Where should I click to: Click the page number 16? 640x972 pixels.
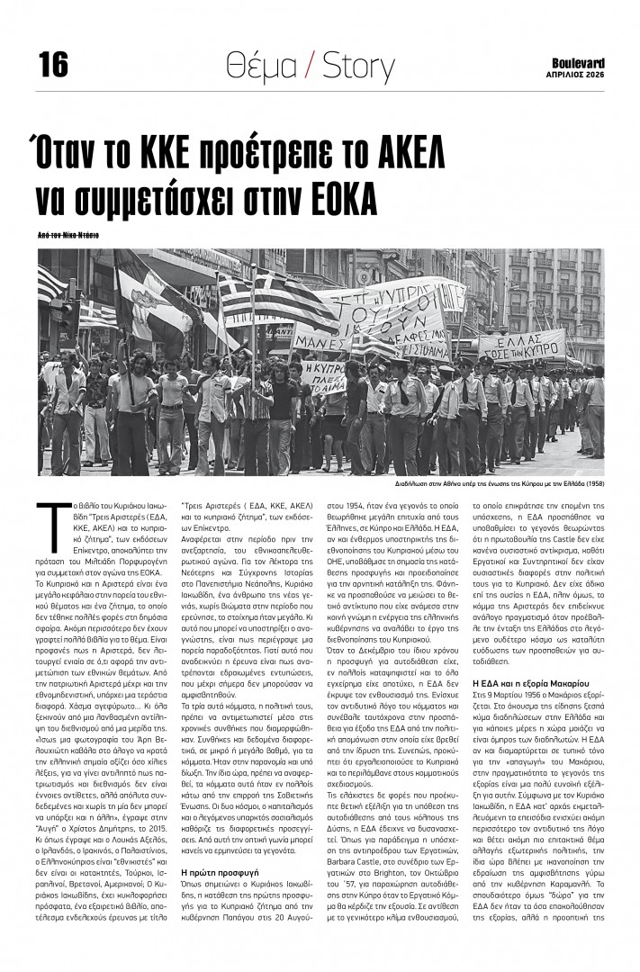(53, 64)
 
